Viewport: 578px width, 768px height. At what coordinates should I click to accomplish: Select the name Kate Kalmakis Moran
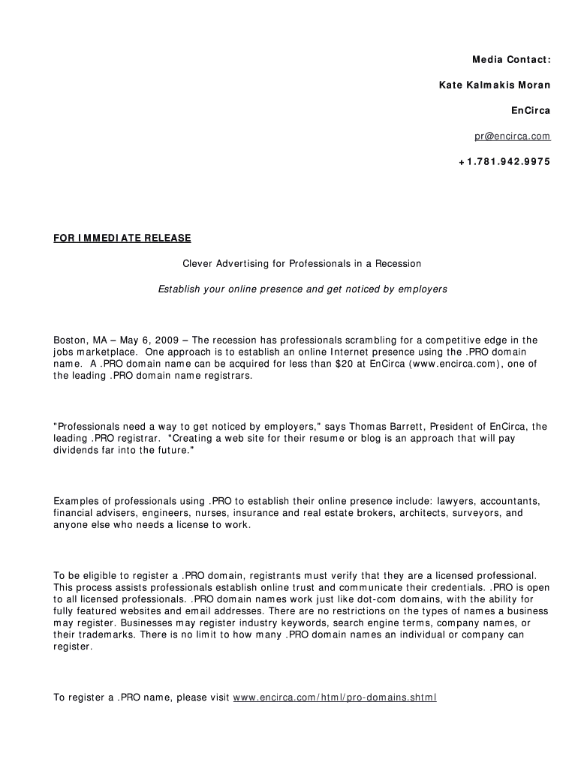coord(494,85)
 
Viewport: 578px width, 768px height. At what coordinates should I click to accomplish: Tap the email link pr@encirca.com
coord(512,136)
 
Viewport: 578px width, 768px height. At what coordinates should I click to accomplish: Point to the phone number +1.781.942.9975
coord(504,161)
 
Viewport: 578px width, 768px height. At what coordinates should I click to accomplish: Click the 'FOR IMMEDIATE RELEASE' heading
coord(122,238)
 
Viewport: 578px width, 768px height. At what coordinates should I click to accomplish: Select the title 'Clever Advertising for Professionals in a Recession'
coord(303,263)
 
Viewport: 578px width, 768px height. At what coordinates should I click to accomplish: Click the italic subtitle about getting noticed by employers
coord(303,289)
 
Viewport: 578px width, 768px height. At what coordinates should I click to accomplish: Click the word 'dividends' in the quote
coord(78,451)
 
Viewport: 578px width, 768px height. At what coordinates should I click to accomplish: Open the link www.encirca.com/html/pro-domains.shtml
coord(335,697)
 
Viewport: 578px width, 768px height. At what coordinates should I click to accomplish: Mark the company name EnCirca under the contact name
coord(531,110)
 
